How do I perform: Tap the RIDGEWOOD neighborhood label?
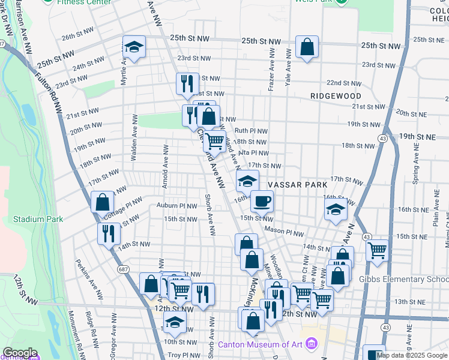tap(336, 96)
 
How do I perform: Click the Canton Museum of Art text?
tap(260, 344)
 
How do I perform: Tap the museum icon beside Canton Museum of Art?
tap(311, 344)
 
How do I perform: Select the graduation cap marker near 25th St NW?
tap(134, 46)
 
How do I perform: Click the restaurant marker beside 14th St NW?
tap(109, 233)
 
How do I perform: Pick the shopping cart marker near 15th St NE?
tap(377, 250)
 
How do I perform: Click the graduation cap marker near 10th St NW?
tap(175, 322)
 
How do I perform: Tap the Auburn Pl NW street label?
tap(177, 206)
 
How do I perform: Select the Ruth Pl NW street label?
tap(251, 130)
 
